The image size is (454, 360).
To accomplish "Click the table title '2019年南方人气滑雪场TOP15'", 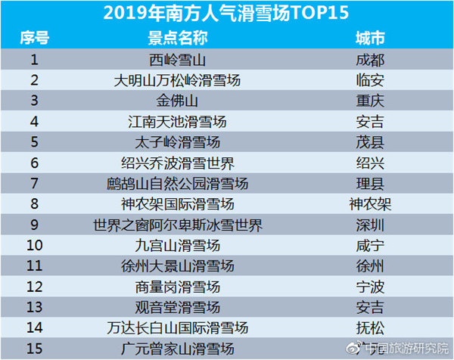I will pyautogui.click(x=227, y=13).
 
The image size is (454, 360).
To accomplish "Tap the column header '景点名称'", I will pyautogui.click(x=178, y=38).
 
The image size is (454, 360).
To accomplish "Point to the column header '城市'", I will pyautogui.click(x=370, y=38).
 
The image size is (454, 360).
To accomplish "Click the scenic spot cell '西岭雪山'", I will pyautogui.click(x=178, y=59).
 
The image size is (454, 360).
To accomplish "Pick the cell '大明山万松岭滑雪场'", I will pyautogui.click(x=178, y=79).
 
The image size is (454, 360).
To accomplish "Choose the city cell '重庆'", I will pyautogui.click(x=370, y=100).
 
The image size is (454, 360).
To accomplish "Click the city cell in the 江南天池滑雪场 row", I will pyautogui.click(x=370, y=121).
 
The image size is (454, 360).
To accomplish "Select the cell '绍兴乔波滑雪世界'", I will pyautogui.click(x=178, y=163).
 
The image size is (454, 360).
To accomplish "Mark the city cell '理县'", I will pyautogui.click(x=370, y=183).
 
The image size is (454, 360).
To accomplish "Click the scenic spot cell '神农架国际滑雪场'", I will pyautogui.click(x=178, y=203).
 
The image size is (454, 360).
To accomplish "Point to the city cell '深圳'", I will pyautogui.click(x=370, y=225).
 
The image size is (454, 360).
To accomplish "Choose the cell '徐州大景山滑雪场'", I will pyautogui.click(x=178, y=265).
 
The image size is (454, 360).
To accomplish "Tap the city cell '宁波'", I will pyautogui.click(x=370, y=287).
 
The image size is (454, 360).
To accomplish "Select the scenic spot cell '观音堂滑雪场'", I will pyautogui.click(x=178, y=307).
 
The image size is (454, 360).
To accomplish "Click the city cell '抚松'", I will pyautogui.click(x=370, y=327).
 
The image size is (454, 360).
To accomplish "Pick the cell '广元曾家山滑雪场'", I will pyautogui.click(x=178, y=348).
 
